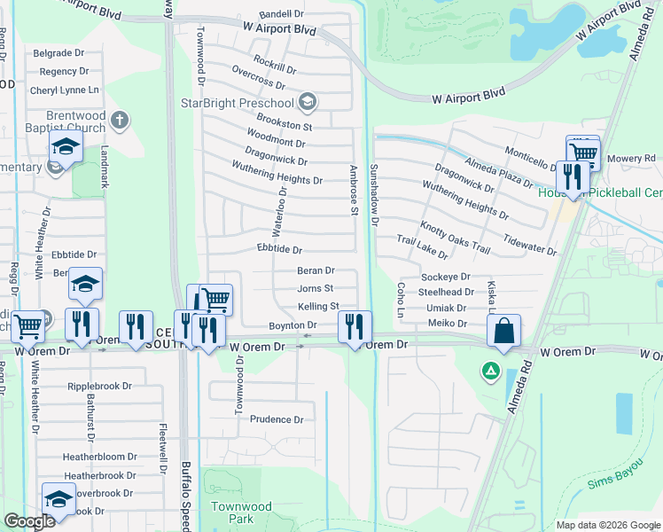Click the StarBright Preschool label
coord(238,102)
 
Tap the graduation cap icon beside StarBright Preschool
coord(308,102)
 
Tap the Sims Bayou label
coord(612,485)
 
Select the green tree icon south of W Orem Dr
coord(488,370)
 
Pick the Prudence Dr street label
coord(277,419)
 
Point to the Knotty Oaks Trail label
coord(455,237)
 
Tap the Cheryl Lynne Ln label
coord(65,90)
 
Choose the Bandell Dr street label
coord(281,15)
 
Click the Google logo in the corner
coord(29,521)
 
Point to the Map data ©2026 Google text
coord(607,525)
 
